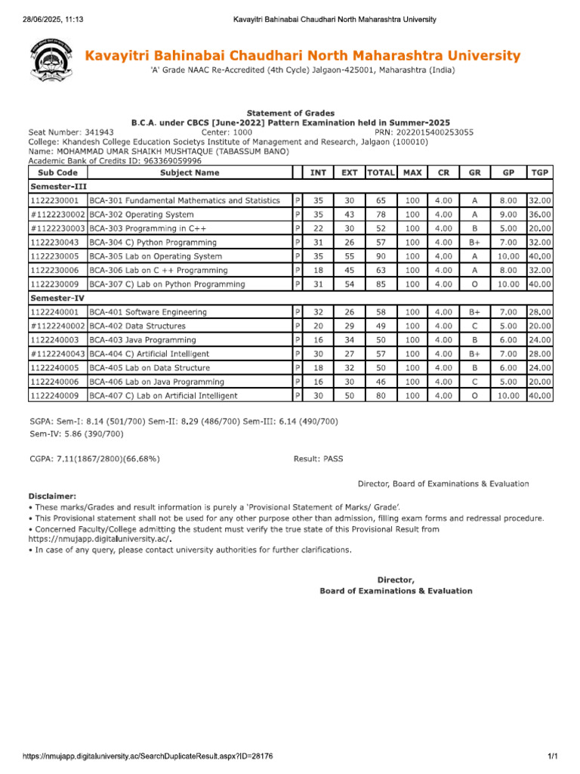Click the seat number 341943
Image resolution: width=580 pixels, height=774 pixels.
pyautogui.click(x=98, y=132)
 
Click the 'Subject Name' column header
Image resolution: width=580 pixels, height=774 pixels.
pyautogui.click(x=190, y=173)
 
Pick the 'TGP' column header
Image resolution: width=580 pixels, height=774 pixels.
pyautogui.click(x=539, y=173)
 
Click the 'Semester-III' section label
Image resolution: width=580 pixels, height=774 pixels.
pyautogui.click(x=57, y=186)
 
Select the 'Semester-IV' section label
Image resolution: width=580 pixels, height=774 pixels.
pyautogui.click(x=57, y=299)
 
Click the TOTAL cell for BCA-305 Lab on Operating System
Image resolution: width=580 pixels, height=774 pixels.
pyautogui.click(x=381, y=256)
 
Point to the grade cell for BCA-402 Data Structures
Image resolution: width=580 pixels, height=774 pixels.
pyautogui.click(x=474, y=326)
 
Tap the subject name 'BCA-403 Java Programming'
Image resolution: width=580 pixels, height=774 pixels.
pyautogui.click(x=143, y=340)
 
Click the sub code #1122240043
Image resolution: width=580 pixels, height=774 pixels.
pyautogui.click(x=57, y=354)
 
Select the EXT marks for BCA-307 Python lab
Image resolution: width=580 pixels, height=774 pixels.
pyautogui.click(x=349, y=284)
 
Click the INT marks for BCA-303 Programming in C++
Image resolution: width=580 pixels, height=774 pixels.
pyautogui.click(x=318, y=228)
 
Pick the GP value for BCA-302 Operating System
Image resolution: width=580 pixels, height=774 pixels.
pyautogui.click(x=507, y=215)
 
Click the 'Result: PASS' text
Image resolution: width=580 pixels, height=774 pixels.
pyautogui.click(x=318, y=458)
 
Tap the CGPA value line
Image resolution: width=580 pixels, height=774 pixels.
pyautogui.click(x=94, y=458)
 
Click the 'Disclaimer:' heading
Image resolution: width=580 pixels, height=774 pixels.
pyautogui.click(x=52, y=495)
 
